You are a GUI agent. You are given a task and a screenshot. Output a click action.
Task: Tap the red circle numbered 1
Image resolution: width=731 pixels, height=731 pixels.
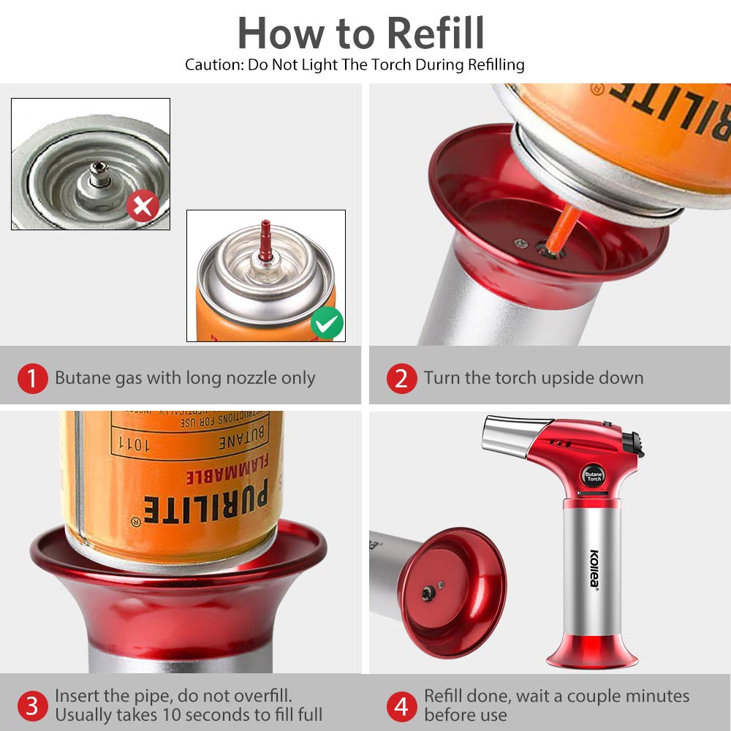pos(32,379)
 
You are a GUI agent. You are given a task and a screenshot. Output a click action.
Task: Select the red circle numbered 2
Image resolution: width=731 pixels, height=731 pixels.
pos(401,379)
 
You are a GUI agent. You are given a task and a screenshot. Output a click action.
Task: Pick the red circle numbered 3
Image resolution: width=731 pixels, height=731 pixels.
pos(32,706)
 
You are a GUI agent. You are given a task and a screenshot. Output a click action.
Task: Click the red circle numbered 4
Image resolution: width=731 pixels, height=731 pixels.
pos(401,706)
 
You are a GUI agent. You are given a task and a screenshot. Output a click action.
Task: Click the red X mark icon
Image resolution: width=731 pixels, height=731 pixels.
pos(143,206)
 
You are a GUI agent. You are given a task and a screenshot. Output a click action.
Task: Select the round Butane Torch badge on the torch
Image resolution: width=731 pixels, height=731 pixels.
pos(594,476)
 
